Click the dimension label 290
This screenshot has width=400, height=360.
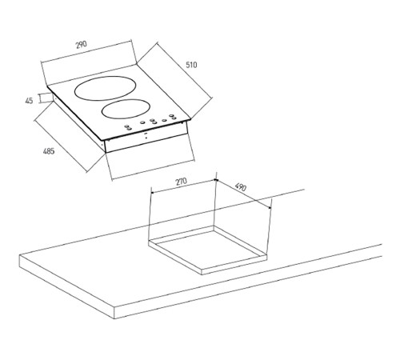point(82,44)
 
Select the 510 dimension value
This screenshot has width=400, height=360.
point(191,65)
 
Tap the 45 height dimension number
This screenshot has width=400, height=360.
point(29,101)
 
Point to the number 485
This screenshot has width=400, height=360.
point(49,151)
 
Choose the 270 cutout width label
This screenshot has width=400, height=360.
point(182,182)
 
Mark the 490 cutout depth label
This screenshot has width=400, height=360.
point(241,187)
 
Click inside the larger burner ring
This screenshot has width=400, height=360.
point(103,88)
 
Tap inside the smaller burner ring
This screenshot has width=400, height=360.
point(125,109)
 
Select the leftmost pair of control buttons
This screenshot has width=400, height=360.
point(129,127)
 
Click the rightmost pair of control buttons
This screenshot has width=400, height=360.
point(173,117)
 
